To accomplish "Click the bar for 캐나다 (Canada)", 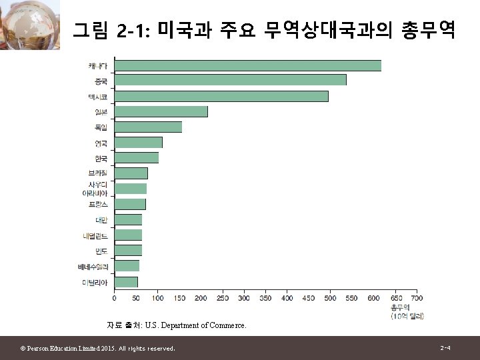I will coord(248,65).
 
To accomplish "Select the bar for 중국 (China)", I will coord(231,80).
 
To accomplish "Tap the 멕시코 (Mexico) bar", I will coord(221,96).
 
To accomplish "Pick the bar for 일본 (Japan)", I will coord(161,111).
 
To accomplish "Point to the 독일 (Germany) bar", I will coord(148,127).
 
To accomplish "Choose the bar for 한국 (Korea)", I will coord(137,158).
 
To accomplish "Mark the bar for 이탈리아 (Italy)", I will coord(126,282).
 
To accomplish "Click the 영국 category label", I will coord(101,143).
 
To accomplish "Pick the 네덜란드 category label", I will coord(95,235).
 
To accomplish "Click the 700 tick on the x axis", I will coord(417,298).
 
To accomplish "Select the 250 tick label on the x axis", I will coord(222,298).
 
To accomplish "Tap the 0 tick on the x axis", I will coord(114,298).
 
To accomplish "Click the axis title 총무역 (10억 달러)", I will coord(407,311).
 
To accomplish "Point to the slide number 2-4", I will coord(445,348).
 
